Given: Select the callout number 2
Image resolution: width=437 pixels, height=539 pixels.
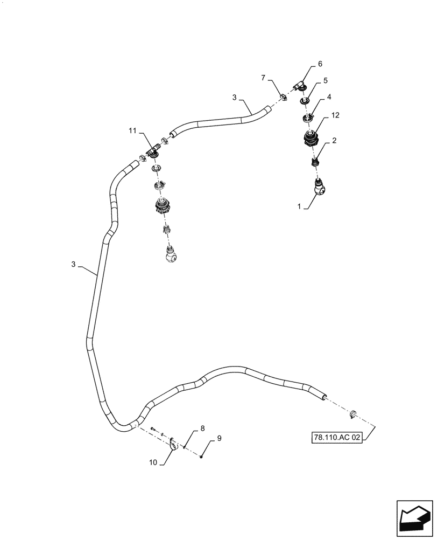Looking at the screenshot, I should (x=334, y=141).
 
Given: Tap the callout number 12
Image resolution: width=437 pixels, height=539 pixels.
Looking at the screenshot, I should (x=335, y=115).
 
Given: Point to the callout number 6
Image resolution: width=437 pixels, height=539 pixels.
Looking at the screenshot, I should (x=320, y=64).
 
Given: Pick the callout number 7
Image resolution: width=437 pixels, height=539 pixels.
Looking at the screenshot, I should (x=264, y=78).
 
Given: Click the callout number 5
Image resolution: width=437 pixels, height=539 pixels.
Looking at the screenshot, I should (x=326, y=80).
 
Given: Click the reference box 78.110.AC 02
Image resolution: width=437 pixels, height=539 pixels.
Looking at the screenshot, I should (x=335, y=438).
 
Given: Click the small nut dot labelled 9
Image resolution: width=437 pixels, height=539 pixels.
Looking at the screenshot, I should (x=201, y=457).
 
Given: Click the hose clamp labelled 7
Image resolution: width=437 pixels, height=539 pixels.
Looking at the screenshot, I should (x=283, y=97).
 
